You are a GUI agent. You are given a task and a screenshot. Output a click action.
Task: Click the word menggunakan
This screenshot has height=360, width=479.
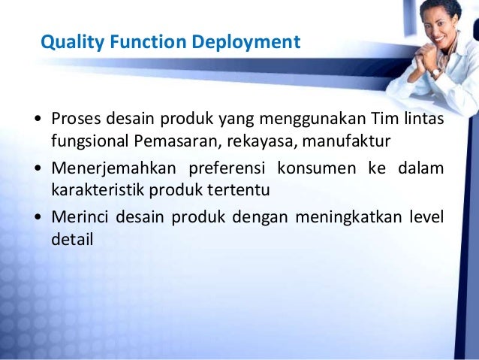[x=297, y=120]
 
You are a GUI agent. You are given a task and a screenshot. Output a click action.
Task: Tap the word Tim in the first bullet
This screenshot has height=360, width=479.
[x=363, y=119]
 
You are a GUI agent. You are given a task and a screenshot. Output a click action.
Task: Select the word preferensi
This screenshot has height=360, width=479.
[x=228, y=168]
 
